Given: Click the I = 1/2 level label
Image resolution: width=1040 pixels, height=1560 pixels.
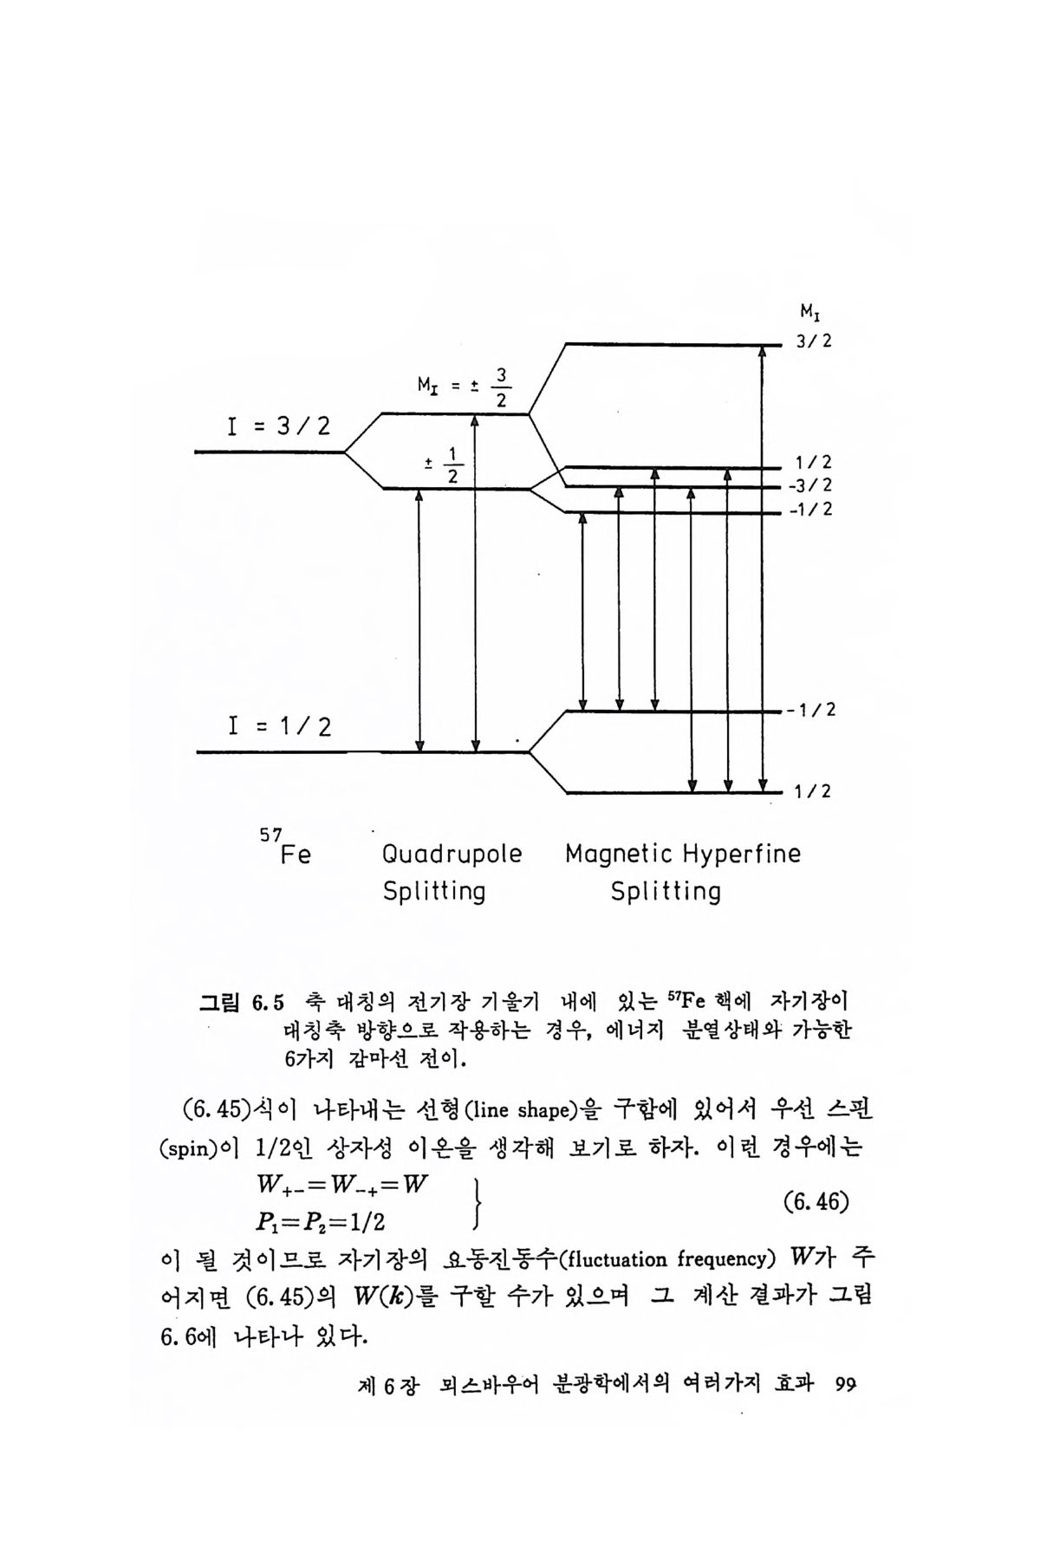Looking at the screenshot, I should pyautogui.click(x=279, y=725).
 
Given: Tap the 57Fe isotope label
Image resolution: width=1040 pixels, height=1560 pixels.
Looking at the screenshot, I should pyautogui.click(x=286, y=848).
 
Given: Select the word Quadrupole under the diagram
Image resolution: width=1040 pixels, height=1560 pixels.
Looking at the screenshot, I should pyautogui.click(x=452, y=855).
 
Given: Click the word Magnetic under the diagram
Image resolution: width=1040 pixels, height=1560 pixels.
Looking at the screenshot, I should pyautogui.click(x=618, y=855).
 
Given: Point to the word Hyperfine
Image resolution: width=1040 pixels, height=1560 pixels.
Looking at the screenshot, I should pyautogui.click(x=742, y=855).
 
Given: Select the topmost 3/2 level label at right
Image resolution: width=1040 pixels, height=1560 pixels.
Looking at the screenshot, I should pyautogui.click(x=814, y=341).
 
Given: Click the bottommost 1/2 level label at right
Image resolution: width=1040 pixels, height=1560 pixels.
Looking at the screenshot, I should pyautogui.click(x=814, y=791).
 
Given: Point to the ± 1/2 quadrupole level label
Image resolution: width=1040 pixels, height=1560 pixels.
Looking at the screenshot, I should pyautogui.click(x=445, y=465).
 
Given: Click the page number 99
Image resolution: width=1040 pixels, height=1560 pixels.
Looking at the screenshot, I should pyautogui.click(x=846, y=1384).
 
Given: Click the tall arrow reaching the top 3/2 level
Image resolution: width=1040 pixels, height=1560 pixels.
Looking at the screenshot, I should pyautogui.click(x=763, y=568).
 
